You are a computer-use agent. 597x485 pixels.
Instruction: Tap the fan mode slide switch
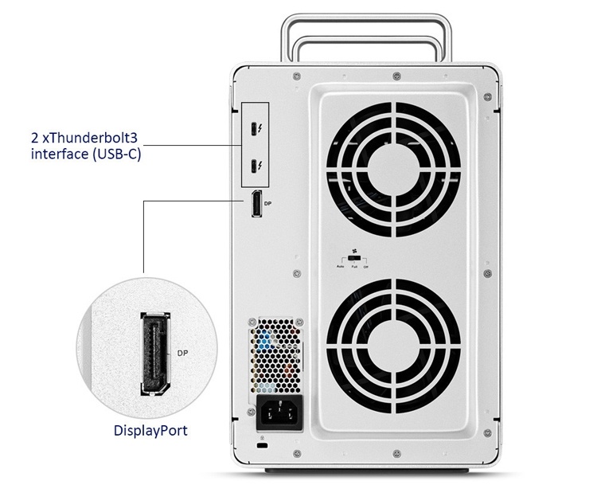point(353,259)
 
